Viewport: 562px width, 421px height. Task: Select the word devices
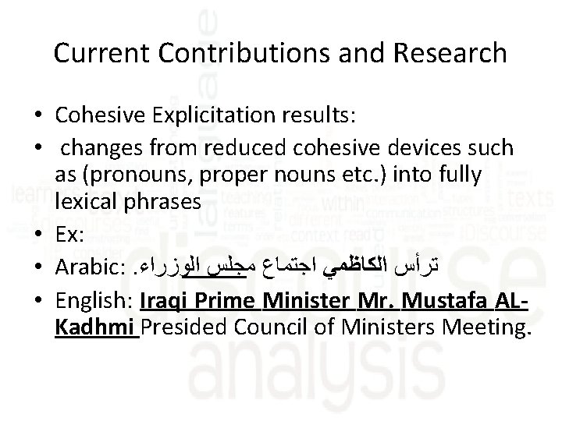pos(428,147)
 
